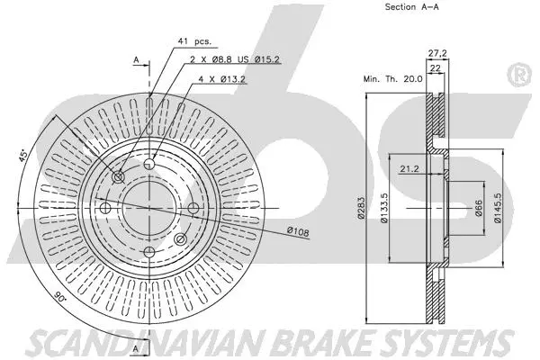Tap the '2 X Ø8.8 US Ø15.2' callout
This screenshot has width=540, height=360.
coord(235,59)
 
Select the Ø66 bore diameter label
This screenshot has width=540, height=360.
coord(476,210)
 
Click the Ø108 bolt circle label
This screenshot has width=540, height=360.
coord(298,232)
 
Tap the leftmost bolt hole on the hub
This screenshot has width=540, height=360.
coord(105,209)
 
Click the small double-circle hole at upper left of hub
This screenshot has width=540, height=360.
coord(120,177)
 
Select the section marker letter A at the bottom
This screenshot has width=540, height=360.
coord(135,346)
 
